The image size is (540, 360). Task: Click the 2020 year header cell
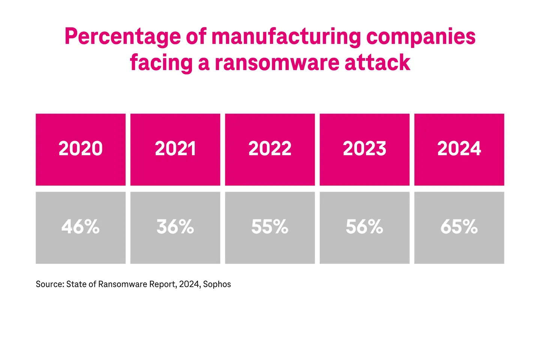[81, 149]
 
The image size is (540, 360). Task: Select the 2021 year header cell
[175, 149]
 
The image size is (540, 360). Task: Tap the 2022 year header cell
[270, 149]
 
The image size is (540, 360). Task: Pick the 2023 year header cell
[364, 149]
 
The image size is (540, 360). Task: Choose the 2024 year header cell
[459, 149]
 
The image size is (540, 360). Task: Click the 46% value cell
[81, 227]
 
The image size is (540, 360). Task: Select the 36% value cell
[175, 227]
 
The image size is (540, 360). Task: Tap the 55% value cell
[270, 227]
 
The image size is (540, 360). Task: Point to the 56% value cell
[364, 227]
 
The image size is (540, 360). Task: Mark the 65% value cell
[459, 227]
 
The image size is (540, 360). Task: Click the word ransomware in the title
[277, 63]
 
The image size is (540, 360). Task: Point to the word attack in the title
[377, 63]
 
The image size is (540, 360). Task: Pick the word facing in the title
[161, 63]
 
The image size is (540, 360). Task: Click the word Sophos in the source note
[217, 284]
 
